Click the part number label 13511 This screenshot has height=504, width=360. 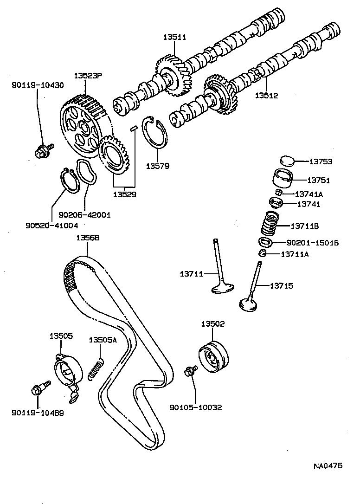(x=174, y=38)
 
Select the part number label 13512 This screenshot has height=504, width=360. (x=266, y=96)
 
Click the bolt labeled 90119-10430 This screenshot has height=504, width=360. (x=43, y=150)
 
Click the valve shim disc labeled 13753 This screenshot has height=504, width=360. (x=288, y=162)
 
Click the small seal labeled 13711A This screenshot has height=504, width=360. (x=262, y=253)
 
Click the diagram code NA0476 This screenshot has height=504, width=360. (x=327, y=465)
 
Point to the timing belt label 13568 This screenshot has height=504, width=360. (x=88, y=238)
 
